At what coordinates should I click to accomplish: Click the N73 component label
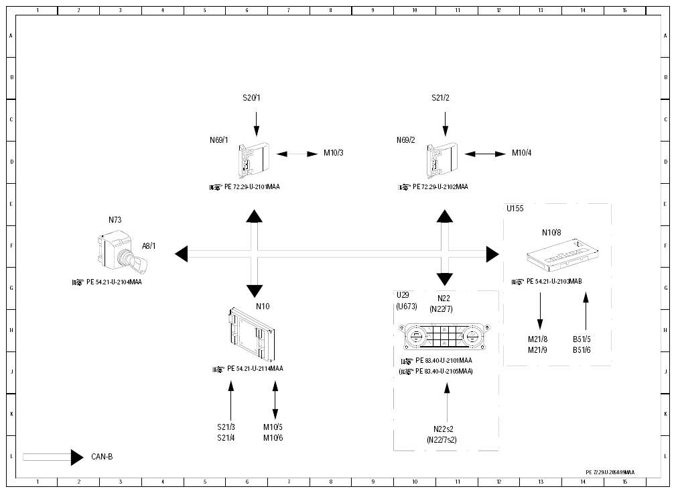click(115, 220)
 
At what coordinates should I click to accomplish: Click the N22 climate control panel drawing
click(444, 336)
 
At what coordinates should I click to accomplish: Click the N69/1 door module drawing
click(254, 160)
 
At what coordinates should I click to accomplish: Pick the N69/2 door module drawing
click(442, 160)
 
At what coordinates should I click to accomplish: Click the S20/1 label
click(251, 98)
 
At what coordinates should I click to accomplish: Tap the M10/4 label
click(522, 153)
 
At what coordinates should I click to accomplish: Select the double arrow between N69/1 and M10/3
click(297, 154)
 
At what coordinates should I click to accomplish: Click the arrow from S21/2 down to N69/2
click(446, 124)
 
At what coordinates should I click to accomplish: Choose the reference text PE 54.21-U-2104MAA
click(114, 282)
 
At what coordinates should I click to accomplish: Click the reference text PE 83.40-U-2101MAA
click(444, 360)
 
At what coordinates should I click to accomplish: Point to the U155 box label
click(515, 209)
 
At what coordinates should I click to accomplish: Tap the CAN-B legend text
click(103, 457)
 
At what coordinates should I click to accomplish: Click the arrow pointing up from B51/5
click(586, 312)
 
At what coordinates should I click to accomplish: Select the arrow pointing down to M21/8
click(540, 312)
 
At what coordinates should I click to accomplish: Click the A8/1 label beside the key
click(149, 246)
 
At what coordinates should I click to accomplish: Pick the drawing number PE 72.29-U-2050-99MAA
click(610, 472)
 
